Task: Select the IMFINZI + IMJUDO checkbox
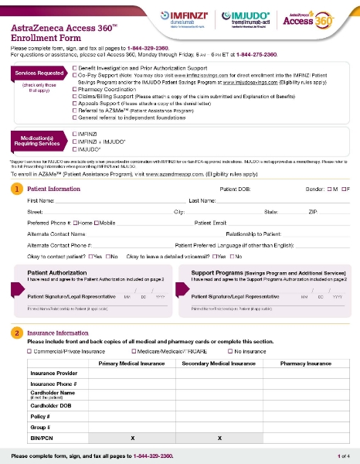[74, 141]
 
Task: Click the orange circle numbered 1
[17, 189]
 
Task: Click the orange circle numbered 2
[17, 333]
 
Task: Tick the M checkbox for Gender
[330, 189]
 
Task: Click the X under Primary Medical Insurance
[133, 438]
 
